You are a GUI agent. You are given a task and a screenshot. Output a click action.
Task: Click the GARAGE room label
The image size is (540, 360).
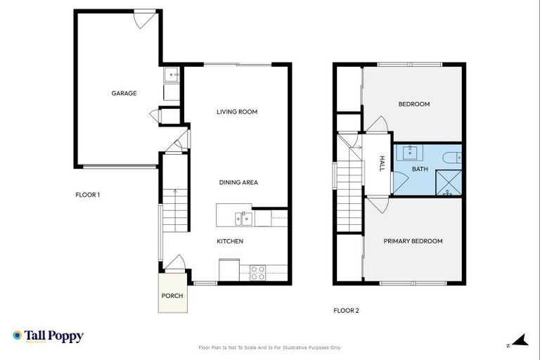pyautogui.click(x=124, y=93)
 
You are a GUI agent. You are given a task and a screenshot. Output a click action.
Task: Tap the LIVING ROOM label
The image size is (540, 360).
pyautogui.click(x=237, y=112)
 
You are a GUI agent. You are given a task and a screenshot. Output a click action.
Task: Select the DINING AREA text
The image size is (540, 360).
pyautogui.click(x=238, y=182)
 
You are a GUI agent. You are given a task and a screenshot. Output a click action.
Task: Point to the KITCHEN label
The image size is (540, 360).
pyautogui.click(x=230, y=241)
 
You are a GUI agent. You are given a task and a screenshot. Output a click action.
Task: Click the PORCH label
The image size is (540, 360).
pyautogui.click(x=172, y=296)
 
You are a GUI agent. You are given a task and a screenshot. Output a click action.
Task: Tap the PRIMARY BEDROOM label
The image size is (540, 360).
pyautogui.click(x=413, y=241)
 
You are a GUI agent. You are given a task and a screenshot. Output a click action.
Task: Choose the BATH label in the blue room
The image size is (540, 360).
pyautogui.click(x=420, y=169)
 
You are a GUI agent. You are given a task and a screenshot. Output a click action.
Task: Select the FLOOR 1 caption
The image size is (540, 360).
pyautogui.click(x=88, y=195)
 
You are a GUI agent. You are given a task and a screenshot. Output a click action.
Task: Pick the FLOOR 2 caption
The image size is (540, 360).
pyautogui.click(x=346, y=309)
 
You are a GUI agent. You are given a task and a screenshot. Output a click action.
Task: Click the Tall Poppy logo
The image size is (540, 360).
pyautogui.click(x=48, y=336)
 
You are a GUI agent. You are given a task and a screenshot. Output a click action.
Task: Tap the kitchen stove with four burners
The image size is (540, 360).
pyautogui.click(x=257, y=272)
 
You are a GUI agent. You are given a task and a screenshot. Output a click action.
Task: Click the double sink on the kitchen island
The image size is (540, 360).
pyautogui.click(x=243, y=219)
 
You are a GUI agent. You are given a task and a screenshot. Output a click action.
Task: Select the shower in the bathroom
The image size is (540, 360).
pyautogui.click(x=447, y=183)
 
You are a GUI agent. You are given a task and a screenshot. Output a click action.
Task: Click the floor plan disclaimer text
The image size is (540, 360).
pyautogui.click(x=270, y=347)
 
